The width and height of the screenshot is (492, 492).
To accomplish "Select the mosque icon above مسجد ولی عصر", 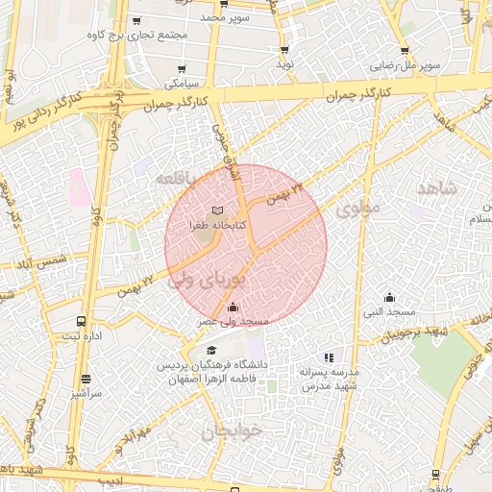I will pyautogui.click(x=233, y=307).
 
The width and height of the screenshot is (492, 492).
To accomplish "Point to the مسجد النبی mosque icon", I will pyautogui.click(x=389, y=297).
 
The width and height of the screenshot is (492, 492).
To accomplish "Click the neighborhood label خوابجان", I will pyautogui.click(x=232, y=431).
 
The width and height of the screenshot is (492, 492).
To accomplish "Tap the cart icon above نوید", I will pyautogui.click(x=283, y=50).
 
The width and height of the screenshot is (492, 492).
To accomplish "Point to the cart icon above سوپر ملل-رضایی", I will pyautogui.click(x=405, y=51).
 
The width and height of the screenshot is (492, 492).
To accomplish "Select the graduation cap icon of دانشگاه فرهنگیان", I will pyautogui.click(x=211, y=350).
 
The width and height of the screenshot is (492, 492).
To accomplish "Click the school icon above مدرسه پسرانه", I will pyautogui.click(x=329, y=357).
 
